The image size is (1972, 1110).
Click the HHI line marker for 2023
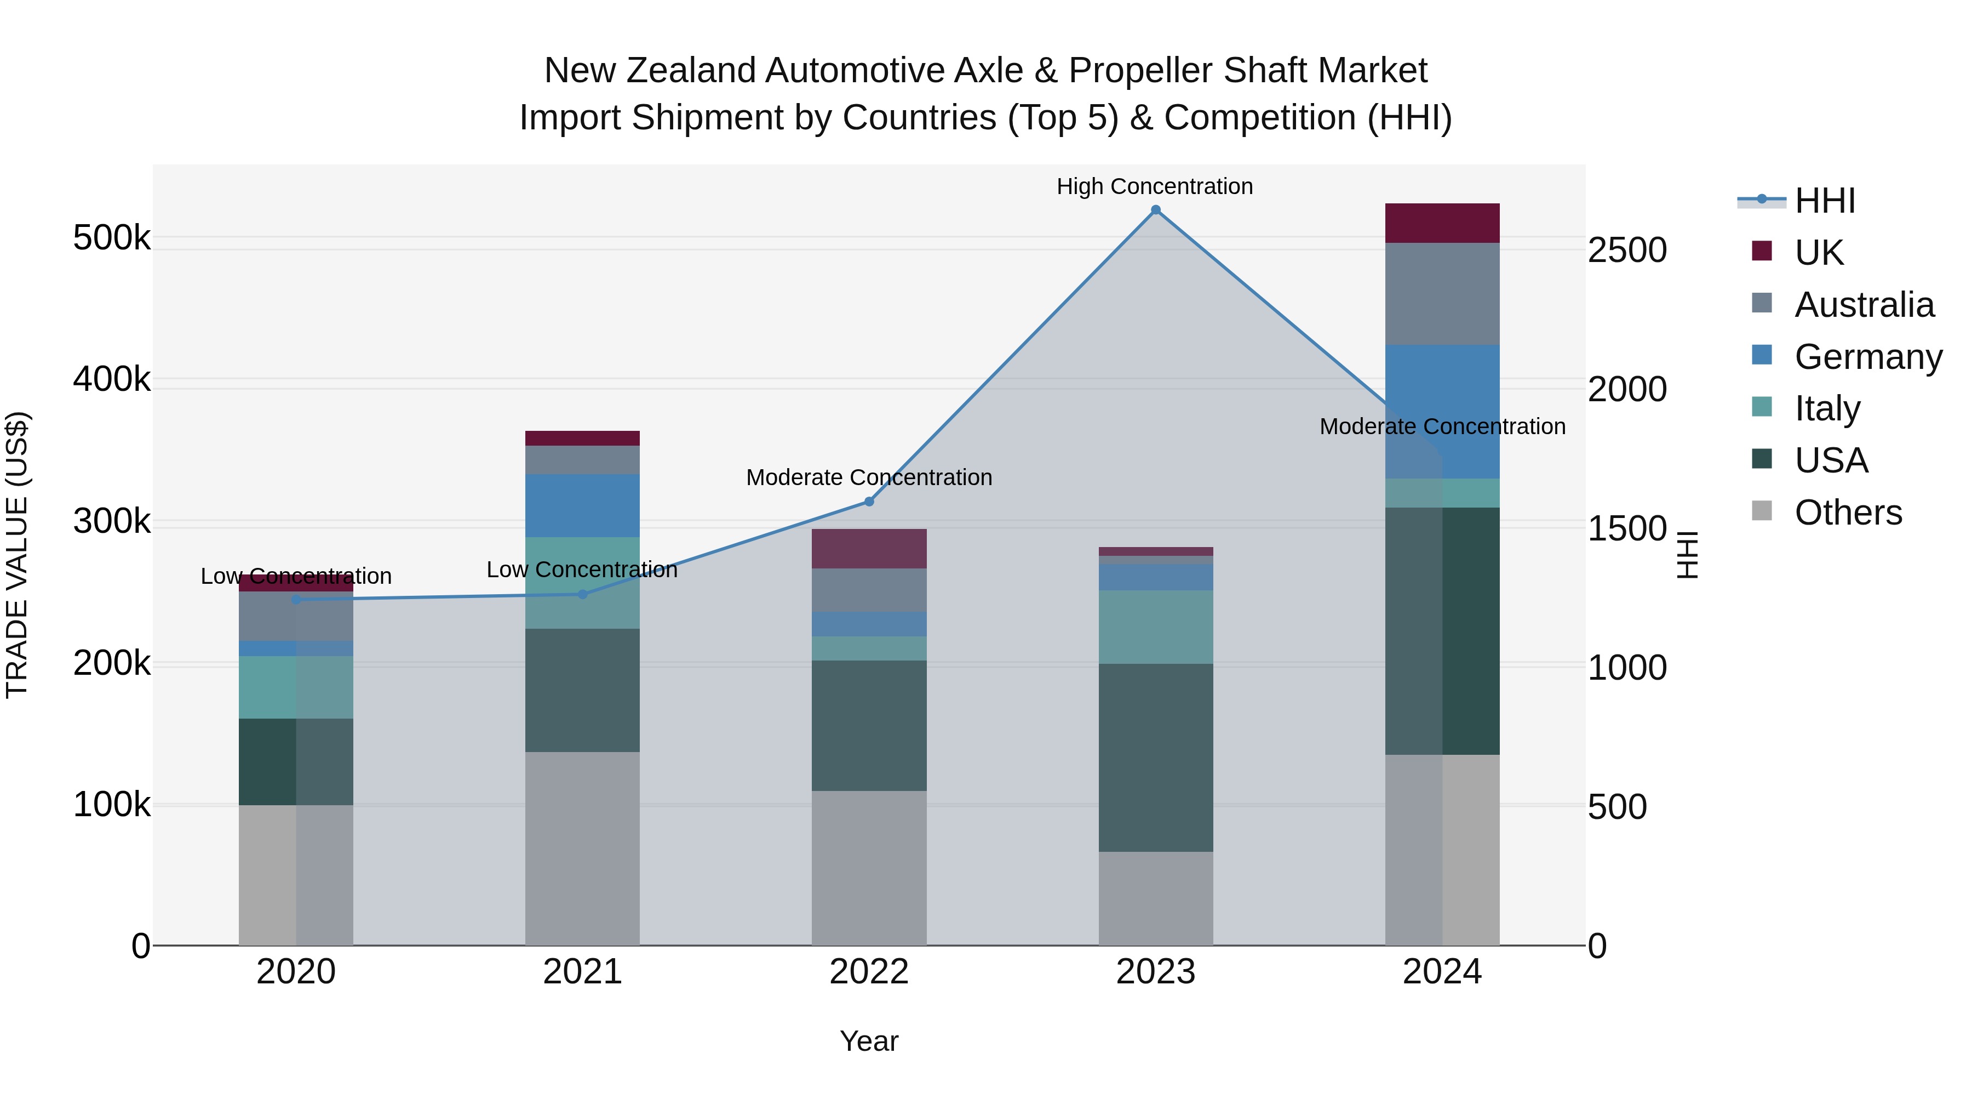[x=1156, y=210]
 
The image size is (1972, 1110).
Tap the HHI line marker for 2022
[x=869, y=502]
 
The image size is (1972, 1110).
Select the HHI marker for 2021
[x=582, y=594]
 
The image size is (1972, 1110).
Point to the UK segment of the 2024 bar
[x=1442, y=223]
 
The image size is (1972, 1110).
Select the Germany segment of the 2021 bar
[x=582, y=505]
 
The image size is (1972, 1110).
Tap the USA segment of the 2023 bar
[x=1156, y=757]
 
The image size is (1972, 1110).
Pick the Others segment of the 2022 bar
[x=869, y=867]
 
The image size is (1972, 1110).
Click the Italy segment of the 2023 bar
[x=1156, y=627]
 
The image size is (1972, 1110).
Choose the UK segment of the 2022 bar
[x=869, y=549]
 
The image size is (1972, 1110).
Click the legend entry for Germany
[x=1868, y=357]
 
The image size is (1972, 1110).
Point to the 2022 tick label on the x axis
[x=869, y=972]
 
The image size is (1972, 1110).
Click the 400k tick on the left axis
[x=112, y=379]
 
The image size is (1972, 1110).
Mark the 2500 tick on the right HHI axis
[x=1627, y=251]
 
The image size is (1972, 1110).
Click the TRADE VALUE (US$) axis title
[x=17, y=555]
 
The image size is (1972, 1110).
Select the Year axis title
[x=869, y=1041]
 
